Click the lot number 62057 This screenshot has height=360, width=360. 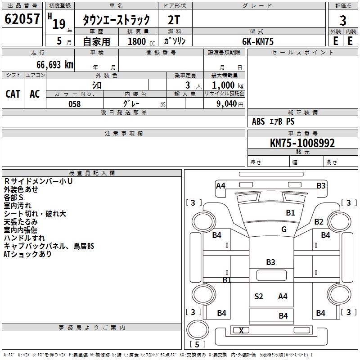pos(22,19)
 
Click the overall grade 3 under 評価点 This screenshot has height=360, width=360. pos(343,21)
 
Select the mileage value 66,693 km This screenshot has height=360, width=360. pos(55,65)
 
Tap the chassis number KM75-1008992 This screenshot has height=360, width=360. pos(302,143)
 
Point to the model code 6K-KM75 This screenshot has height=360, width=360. pos(258,41)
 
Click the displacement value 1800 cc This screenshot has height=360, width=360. pos(141,42)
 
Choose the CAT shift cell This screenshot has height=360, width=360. pos(13,94)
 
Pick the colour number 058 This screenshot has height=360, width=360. pos(75,104)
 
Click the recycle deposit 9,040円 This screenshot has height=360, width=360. pos(230,104)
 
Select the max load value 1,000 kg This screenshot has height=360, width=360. pos(228,85)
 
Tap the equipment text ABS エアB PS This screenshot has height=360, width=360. pos(273,121)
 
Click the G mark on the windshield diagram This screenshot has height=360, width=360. pos(284,229)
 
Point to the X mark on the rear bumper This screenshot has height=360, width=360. pos(241,330)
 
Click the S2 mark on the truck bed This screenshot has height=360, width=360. pos(258,297)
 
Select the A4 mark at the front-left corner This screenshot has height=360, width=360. pos(220,186)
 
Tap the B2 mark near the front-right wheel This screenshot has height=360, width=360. pos(319,222)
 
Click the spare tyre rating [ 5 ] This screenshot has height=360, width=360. pos(197,344)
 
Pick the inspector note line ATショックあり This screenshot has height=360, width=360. pos(27,254)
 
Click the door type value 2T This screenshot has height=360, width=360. pos(174,20)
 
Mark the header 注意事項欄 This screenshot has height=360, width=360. pos(124,133)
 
